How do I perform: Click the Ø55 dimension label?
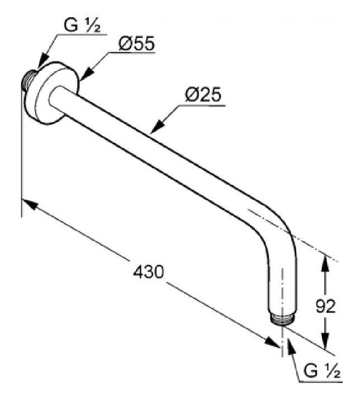pyautogui.click(x=136, y=45)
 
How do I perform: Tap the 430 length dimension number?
pyautogui.click(x=148, y=272)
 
